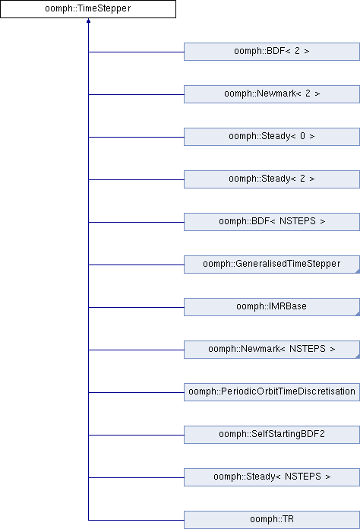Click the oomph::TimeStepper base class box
click(88, 9)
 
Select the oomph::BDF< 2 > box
click(272, 52)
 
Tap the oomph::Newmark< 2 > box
click(272, 94)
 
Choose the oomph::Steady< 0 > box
click(272, 137)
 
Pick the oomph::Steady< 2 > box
click(272, 179)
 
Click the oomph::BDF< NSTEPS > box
click(272, 222)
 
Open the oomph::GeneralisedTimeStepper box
click(272, 264)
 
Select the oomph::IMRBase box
click(272, 306)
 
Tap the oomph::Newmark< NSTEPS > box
click(272, 349)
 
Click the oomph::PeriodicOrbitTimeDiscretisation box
click(272, 391)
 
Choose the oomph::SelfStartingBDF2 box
click(272, 434)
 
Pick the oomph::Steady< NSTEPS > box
click(272, 477)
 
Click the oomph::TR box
click(272, 520)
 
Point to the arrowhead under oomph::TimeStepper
click(88, 21)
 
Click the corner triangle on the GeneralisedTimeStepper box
click(358, 271)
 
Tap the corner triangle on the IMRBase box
click(358, 314)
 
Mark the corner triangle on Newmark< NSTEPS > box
click(358, 356)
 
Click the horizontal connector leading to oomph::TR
click(136, 520)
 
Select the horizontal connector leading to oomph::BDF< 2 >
click(136, 52)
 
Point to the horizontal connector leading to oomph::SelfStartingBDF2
click(136, 435)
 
